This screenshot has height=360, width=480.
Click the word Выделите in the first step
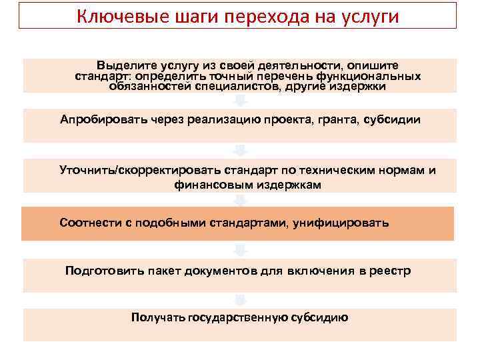123,65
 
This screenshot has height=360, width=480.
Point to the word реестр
391,270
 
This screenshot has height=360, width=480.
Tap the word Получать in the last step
159,317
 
